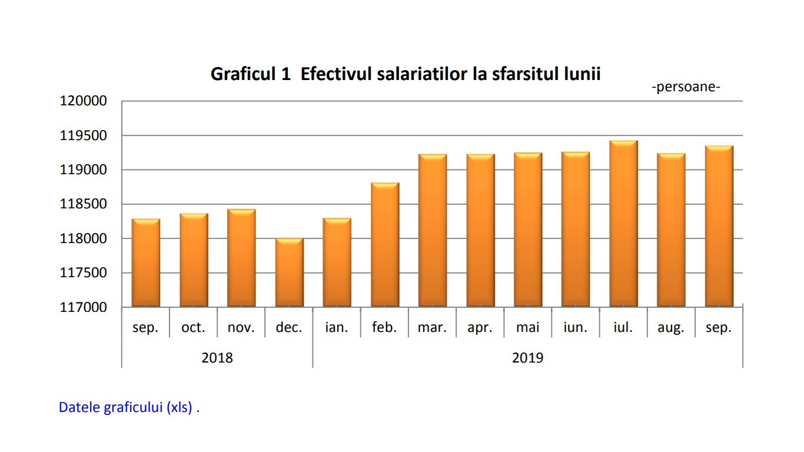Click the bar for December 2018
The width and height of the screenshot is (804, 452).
coord(289,272)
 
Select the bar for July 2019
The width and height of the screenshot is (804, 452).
coord(623,224)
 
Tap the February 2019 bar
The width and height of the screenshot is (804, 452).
coord(385,245)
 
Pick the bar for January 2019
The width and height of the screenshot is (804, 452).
coord(337,262)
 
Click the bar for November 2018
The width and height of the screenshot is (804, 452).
coord(241,258)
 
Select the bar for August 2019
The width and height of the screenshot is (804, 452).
coord(671,230)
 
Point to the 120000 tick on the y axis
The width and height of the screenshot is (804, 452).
coord(84,101)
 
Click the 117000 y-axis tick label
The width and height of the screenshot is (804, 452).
coord(84,307)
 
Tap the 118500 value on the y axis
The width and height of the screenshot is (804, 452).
coord(84,204)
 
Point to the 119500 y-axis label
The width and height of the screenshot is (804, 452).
coord(84,135)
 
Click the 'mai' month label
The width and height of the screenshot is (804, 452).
coord(527,328)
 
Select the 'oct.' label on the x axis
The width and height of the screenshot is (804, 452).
coord(193,328)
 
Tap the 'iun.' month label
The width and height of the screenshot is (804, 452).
coord(575,328)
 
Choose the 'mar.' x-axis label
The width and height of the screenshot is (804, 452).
coord(432,328)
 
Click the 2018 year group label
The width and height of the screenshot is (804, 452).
coord(217,358)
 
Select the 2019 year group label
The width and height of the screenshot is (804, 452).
coord(527,358)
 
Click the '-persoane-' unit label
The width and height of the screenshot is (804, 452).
coord(686,87)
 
